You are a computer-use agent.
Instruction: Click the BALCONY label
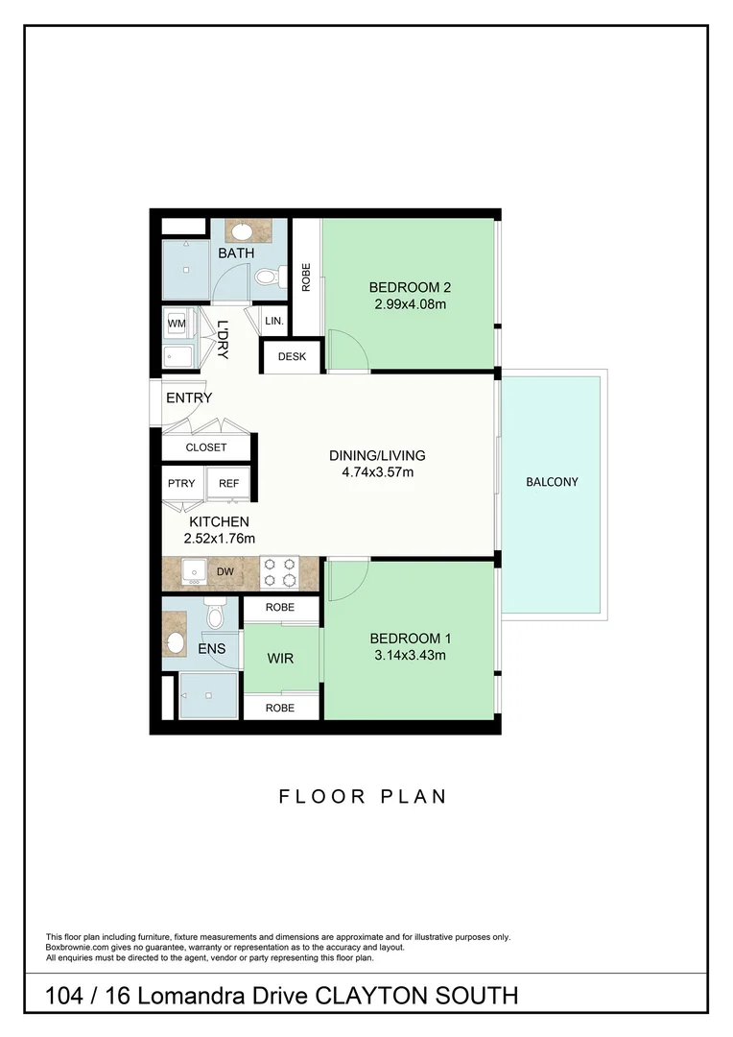pos(552,482)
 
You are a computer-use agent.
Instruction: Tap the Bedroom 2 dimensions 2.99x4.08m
pos(410,304)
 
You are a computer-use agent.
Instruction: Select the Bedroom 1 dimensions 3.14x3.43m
pos(410,656)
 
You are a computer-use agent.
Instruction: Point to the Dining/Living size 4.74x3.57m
pos(376,472)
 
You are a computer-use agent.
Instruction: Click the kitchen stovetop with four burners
pos(280,572)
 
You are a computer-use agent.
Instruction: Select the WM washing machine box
pos(177,324)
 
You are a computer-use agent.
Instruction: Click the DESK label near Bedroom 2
pos(292,357)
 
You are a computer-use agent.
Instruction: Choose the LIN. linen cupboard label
pos(273,322)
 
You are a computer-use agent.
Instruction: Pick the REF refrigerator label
pos(228,484)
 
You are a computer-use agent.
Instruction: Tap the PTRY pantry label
pos(181,484)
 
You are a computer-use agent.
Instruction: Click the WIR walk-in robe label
pos(280,659)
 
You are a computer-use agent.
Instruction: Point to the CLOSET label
pos(206,447)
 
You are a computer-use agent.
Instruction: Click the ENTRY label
pos(189,398)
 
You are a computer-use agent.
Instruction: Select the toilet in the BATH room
pos(268,277)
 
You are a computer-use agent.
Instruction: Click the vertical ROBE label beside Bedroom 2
pos(306,277)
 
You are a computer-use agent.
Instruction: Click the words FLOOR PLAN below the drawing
pos(363,796)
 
